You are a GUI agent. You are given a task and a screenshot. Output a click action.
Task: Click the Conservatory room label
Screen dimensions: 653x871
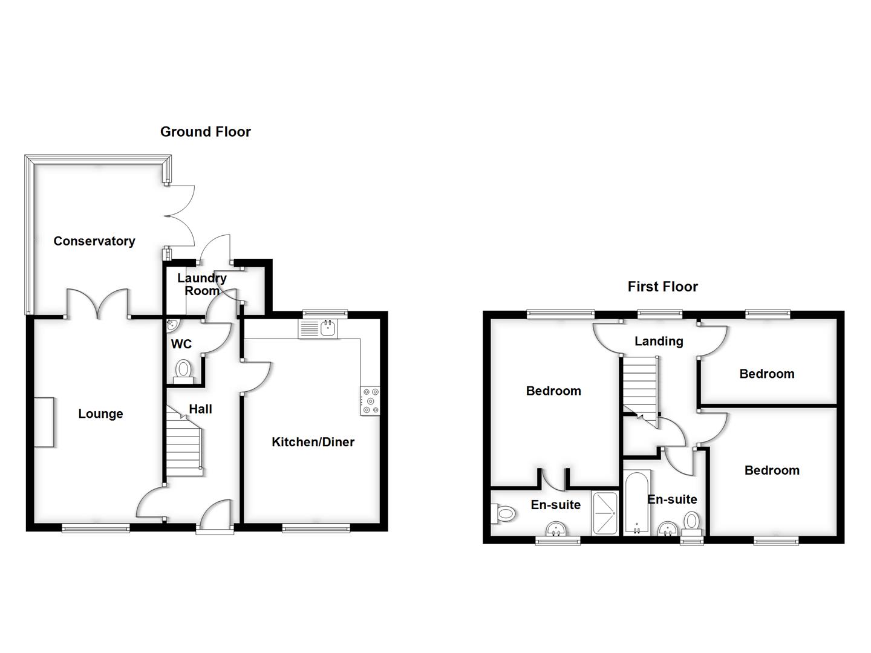[x=94, y=241]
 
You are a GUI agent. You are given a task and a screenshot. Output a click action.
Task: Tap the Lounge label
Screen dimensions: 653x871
[x=100, y=414]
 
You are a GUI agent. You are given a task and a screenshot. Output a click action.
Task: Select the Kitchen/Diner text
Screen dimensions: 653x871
[x=313, y=442]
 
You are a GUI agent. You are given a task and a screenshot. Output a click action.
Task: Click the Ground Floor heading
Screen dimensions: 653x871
[x=205, y=132]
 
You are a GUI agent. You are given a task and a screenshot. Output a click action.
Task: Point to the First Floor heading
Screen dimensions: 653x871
[x=662, y=287]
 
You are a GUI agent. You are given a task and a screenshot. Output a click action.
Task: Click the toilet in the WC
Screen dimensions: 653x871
[x=183, y=368]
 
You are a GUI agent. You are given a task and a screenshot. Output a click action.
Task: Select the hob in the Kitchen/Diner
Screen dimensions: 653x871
[x=370, y=401]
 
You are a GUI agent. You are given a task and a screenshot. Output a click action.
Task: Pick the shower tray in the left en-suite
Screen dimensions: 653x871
[x=605, y=513]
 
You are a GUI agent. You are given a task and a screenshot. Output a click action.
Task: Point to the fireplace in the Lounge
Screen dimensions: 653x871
[x=44, y=422]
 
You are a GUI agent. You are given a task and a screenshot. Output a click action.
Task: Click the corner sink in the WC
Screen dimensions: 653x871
[x=172, y=325]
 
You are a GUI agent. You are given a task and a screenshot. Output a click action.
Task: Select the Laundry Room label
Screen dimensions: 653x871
[x=201, y=284]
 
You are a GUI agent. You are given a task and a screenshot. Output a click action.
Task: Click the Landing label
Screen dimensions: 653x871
[x=659, y=341]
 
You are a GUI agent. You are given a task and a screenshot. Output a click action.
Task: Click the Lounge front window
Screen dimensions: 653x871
[x=96, y=528]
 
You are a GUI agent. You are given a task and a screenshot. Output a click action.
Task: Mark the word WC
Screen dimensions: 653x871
[x=181, y=344]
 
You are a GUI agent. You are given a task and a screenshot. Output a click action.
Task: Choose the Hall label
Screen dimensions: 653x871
[x=200, y=409]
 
